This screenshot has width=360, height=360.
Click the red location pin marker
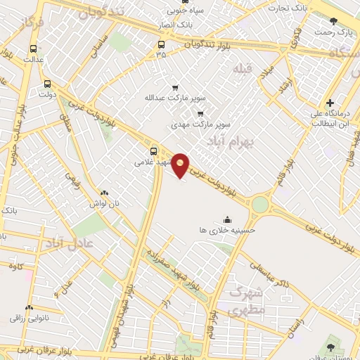click(181, 165)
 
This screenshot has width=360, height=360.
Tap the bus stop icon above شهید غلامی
click(154, 150)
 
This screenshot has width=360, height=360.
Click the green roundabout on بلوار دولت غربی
click(260, 205)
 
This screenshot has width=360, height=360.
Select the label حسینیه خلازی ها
click(227, 229)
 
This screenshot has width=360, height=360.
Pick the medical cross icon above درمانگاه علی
click(330, 103)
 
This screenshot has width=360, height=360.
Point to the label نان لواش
click(105, 202)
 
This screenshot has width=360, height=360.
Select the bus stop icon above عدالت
click(33, 49)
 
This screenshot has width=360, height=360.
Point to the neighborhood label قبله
click(242, 68)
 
